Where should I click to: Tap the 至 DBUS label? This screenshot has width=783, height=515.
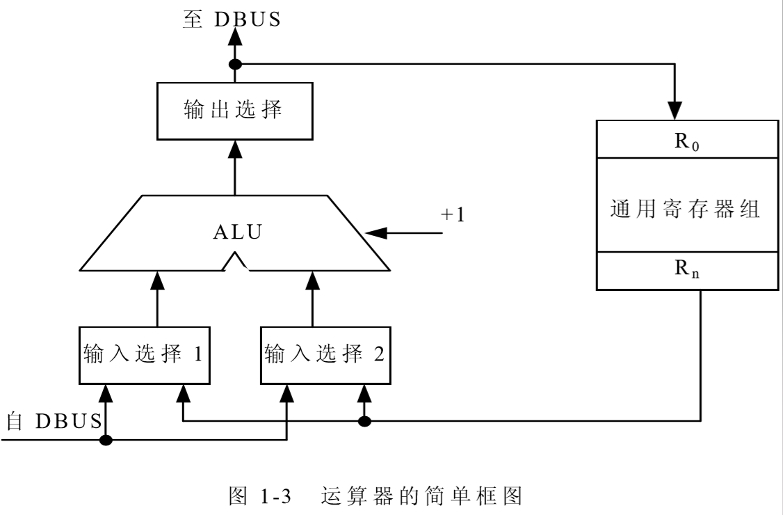pos(232,19)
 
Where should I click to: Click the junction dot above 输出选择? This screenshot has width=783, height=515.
pos(235,65)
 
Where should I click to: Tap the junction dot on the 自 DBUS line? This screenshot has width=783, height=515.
pos(106,440)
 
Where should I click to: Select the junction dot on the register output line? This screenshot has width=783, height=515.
pos(363,421)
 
